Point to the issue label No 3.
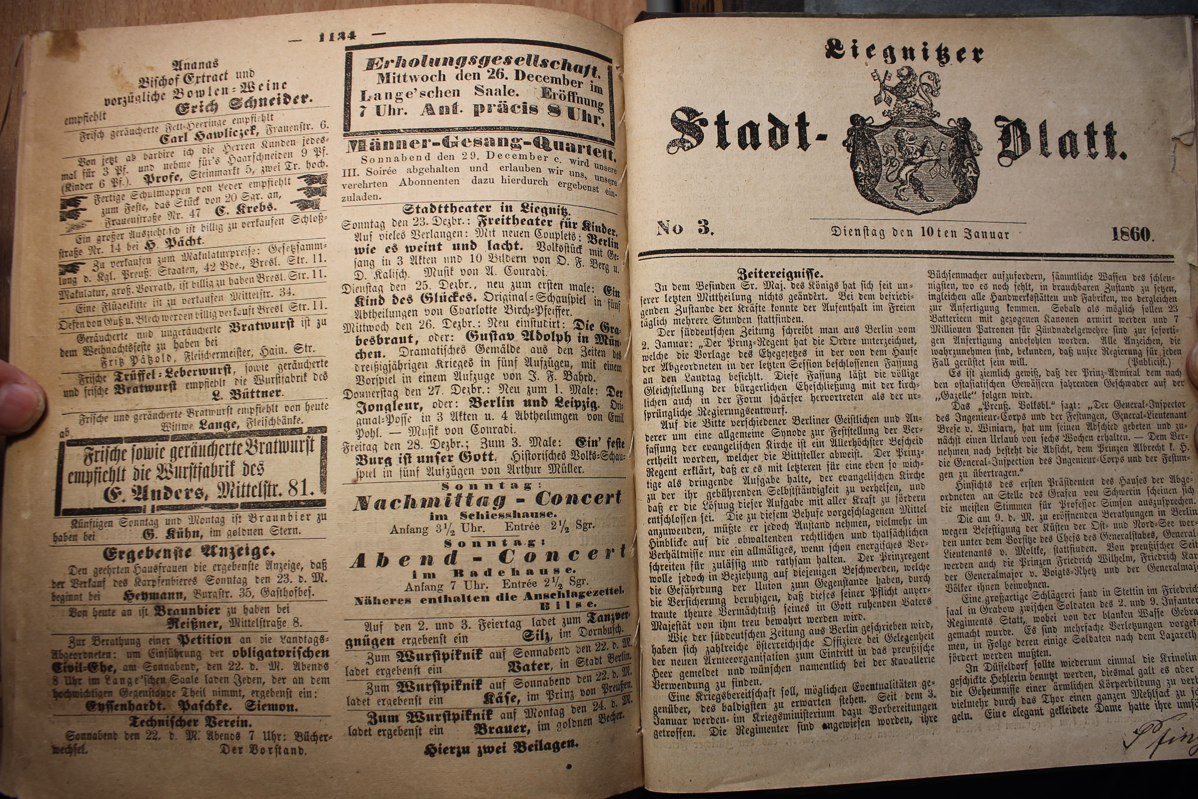[x=685, y=228]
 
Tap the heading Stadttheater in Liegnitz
[x=487, y=209]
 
